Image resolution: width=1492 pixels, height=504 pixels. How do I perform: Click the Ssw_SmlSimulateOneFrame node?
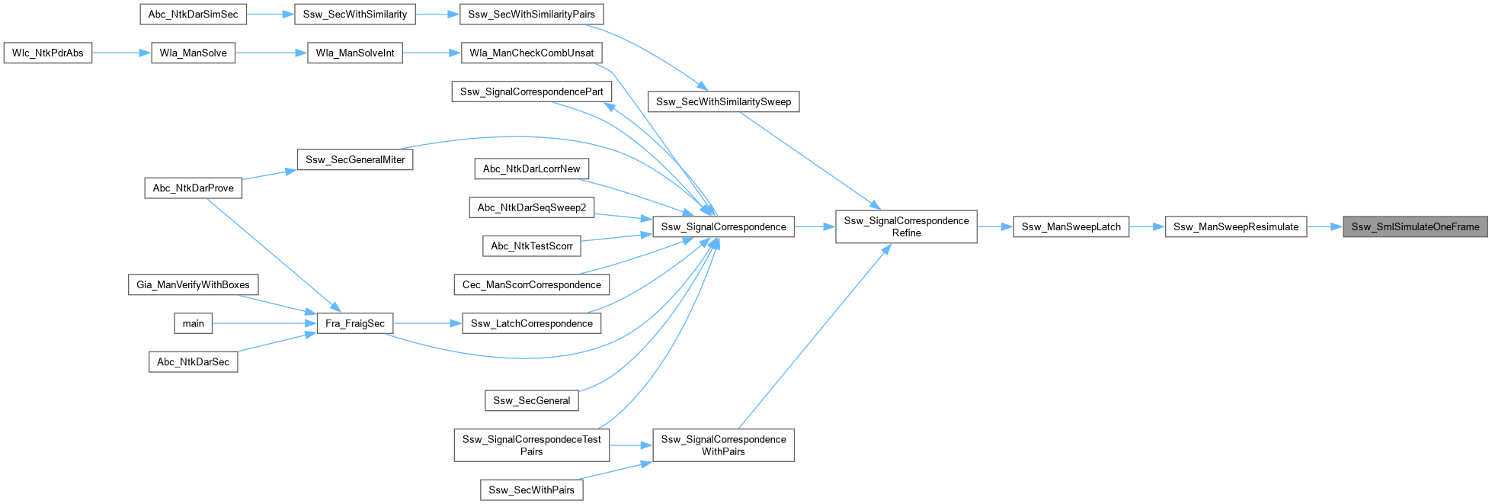[1415, 226]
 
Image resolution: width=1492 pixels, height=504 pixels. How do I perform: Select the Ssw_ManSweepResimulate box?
[1236, 226]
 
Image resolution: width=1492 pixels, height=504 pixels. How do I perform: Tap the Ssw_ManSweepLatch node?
[1071, 226]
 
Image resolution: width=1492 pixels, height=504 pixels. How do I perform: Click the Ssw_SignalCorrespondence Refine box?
[906, 226]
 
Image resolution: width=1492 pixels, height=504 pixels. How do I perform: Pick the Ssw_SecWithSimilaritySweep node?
[723, 101]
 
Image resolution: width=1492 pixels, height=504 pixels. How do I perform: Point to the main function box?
[193, 323]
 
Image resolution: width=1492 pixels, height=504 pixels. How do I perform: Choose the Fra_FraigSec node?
[354, 323]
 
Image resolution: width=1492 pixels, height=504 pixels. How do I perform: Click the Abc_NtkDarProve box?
[193, 188]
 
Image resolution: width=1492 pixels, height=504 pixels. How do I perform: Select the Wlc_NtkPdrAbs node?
[48, 53]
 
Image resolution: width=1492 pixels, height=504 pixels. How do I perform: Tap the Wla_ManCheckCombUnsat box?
[531, 53]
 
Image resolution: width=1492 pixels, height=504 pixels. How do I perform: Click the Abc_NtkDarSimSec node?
[193, 14]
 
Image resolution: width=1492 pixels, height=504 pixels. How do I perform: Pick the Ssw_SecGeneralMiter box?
[354, 159]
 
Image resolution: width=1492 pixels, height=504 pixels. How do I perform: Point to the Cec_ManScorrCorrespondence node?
[531, 284]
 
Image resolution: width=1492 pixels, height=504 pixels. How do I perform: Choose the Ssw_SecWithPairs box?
[531, 490]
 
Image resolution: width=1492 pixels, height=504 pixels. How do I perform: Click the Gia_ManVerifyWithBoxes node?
[193, 284]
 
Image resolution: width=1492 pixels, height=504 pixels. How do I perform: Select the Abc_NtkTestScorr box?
[531, 246]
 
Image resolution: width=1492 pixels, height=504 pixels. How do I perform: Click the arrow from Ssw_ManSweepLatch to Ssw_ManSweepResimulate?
[1147, 226]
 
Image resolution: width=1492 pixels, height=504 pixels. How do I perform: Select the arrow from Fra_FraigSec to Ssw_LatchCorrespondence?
[427, 323]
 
